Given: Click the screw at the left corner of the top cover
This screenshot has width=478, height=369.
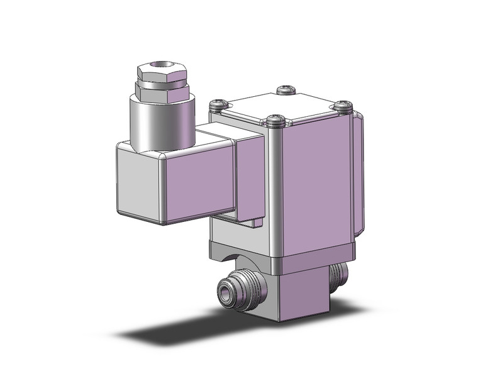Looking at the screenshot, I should (x=218, y=104).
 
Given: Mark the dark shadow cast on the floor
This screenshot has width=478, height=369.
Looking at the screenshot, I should (x=189, y=330).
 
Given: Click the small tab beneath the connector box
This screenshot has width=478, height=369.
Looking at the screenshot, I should (x=255, y=223).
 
